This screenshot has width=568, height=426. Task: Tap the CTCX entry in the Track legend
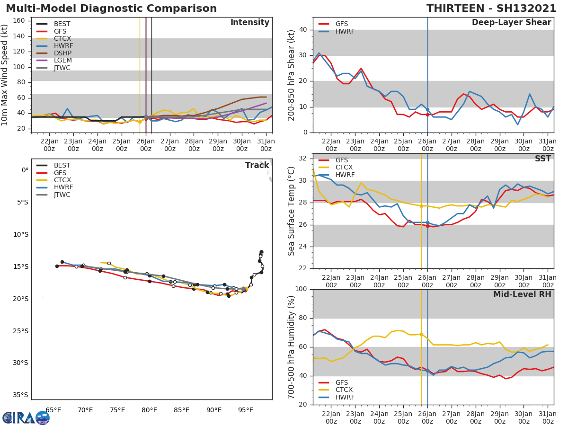tap(62, 180)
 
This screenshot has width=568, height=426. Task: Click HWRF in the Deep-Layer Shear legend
tap(345, 31)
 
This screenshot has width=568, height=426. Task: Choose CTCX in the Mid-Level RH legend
tap(344, 390)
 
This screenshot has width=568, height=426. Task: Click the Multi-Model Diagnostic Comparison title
tap(111, 9)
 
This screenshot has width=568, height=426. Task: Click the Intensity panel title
tap(249, 23)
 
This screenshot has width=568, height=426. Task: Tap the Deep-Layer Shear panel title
tap(511, 23)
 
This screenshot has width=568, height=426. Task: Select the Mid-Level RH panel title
tap(522, 294)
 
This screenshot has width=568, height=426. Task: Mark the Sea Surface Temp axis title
tap(292, 211)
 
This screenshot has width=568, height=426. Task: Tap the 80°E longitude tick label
tap(150, 410)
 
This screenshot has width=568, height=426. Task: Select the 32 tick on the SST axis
tap(303, 158)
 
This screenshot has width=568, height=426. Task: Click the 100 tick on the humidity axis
tap(301, 289)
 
